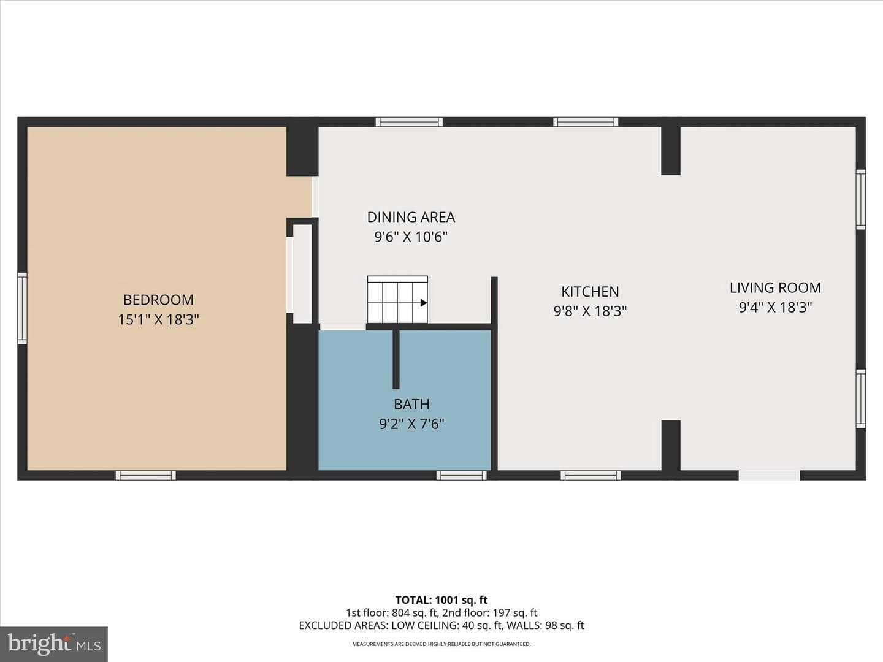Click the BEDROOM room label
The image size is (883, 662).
tap(158, 300)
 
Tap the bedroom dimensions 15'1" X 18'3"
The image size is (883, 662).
tap(158, 320)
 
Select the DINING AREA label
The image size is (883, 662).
tap(411, 217)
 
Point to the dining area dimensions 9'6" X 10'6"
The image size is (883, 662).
tap(411, 237)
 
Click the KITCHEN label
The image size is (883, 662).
tap(590, 291)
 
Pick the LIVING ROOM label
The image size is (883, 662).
tap(775, 288)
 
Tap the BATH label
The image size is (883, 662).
tap(411, 404)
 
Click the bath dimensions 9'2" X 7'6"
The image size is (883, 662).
tap(411, 424)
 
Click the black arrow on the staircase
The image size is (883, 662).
tap(424, 303)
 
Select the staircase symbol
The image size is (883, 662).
tap(397, 300)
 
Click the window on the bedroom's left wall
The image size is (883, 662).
tap(22, 308)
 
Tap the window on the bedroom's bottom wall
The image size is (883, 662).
tap(145, 475)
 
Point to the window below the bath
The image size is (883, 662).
tap(461, 475)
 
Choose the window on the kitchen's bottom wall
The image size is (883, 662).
tap(591, 475)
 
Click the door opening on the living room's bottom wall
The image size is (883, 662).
tap(769, 475)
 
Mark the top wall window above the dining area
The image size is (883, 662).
tap(409, 122)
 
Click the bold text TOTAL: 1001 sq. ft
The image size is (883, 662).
tap(442, 600)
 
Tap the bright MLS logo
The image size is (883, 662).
tap(54, 644)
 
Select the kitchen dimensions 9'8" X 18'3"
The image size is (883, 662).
tap(590, 311)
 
